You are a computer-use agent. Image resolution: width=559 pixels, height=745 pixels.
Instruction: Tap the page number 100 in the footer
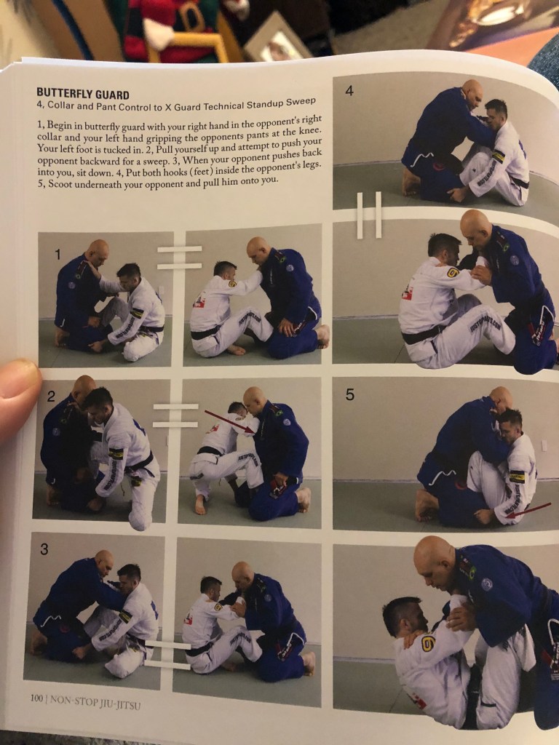point(36,698)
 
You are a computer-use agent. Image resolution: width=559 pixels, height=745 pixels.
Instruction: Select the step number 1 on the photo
point(58,255)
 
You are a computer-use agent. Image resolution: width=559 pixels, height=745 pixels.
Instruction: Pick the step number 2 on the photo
point(51,397)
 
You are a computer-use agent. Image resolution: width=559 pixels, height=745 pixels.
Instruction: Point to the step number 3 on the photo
point(44,550)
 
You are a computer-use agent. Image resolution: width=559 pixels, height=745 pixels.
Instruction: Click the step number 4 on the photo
point(349,90)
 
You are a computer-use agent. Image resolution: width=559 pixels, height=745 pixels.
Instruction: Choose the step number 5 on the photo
point(349,395)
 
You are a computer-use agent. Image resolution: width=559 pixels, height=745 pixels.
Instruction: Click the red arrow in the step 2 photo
point(229,422)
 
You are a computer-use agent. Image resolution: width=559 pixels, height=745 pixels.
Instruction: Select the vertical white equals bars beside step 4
point(369,215)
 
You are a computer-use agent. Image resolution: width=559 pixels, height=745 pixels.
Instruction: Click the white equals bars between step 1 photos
point(180,258)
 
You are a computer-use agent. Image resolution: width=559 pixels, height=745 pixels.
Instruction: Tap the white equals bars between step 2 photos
point(175,415)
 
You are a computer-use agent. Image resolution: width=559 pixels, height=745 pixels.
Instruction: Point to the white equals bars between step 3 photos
point(167,655)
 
